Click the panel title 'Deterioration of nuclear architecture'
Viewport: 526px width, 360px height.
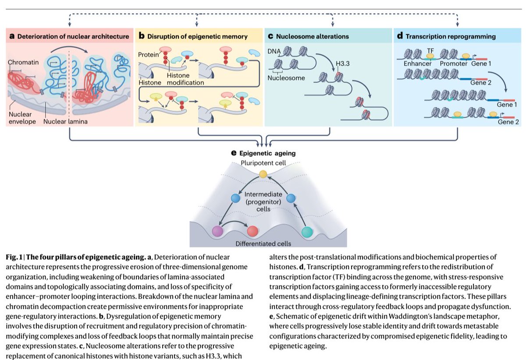(x=73, y=36)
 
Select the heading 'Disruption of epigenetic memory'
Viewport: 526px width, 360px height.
(x=197, y=36)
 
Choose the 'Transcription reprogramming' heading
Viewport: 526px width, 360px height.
(x=450, y=36)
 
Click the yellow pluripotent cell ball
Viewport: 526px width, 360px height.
(x=263, y=175)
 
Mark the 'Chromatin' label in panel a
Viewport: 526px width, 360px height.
(x=21, y=63)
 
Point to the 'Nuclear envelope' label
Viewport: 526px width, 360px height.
(x=22, y=117)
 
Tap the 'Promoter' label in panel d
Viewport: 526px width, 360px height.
(x=454, y=64)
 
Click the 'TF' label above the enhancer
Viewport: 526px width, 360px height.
(x=430, y=50)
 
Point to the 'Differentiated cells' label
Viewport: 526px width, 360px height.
(x=263, y=244)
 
